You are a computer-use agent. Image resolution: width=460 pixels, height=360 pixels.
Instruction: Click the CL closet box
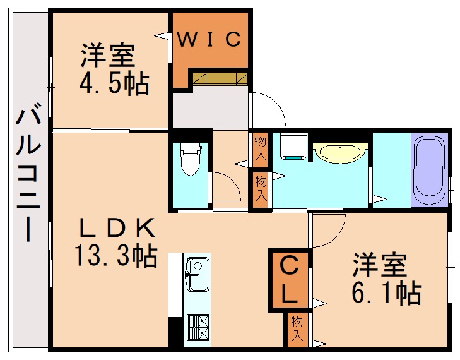(x=290, y=279)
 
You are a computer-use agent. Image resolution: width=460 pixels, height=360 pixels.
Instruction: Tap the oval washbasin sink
(x=340, y=152)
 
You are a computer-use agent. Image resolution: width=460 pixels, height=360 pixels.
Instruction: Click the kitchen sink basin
(x=198, y=273)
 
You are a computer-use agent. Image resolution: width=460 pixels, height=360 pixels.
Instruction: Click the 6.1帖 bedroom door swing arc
(x=328, y=231)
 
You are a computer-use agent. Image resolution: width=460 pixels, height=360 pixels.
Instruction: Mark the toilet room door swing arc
(x=226, y=186)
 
